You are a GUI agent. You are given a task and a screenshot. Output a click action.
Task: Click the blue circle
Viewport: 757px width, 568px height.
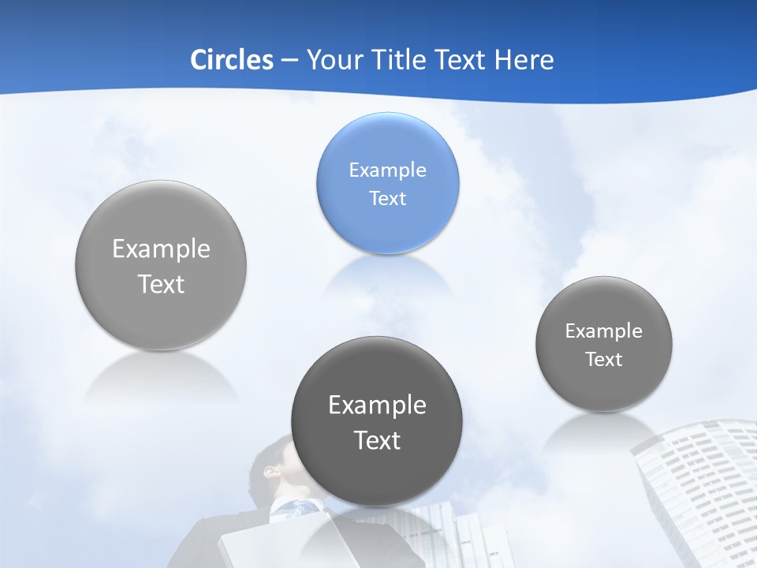[388, 183]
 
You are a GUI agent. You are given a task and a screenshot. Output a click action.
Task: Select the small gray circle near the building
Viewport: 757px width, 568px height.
[604, 344]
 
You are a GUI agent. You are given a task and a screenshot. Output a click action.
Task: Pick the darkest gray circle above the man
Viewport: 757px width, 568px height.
[377, 421]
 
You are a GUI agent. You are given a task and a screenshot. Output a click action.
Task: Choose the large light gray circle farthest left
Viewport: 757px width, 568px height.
[161, 265]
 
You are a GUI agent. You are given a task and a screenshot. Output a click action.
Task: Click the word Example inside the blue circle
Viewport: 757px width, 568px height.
[388, 170]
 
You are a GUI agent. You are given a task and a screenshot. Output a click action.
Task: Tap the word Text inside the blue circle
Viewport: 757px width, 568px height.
[388, 198]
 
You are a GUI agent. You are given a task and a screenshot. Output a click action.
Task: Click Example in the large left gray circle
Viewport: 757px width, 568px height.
[161, 249]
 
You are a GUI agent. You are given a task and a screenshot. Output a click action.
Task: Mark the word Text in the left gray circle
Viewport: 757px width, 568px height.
[161, 284]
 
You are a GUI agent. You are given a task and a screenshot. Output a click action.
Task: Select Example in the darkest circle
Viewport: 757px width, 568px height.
[377, 405]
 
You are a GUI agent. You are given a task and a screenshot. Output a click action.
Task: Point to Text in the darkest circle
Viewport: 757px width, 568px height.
[377, 440]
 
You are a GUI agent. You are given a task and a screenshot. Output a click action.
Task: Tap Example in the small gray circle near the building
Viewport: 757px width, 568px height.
[604, 331]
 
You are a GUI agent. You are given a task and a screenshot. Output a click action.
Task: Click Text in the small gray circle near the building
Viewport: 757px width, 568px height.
[604, 359]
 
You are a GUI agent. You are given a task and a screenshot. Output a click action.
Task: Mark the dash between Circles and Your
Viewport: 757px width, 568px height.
[289, 61]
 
